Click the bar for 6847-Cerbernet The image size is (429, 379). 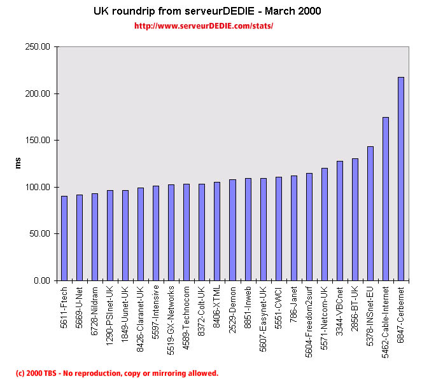click(x=401, y=179)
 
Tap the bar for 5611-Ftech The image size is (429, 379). click(x=64, y=238)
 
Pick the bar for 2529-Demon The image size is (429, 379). click(x=232, y=230)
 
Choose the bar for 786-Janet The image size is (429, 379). click(x=293, y=228)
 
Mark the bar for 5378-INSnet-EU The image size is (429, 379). click(x=370, y=214)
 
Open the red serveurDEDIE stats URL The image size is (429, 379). click(x=204, y=26)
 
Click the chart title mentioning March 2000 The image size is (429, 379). click(x=207, y=11)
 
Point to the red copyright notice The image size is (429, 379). click(x=117, y=373)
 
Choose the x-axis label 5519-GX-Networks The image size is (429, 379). click(x=171, y=318)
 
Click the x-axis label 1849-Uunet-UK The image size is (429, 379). click(x=125, y=313)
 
